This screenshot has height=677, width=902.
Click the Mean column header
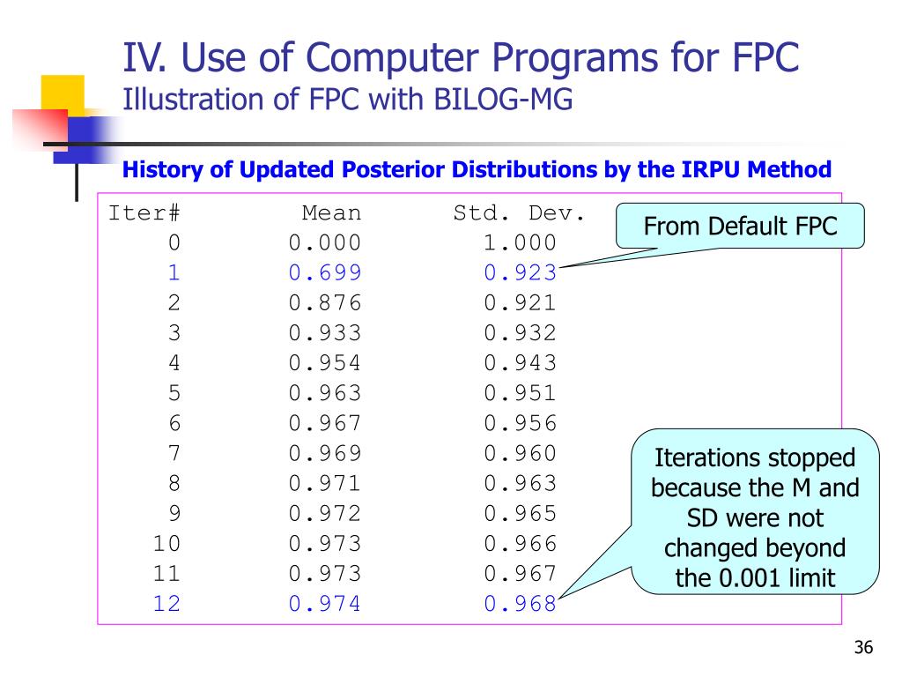point(331,213)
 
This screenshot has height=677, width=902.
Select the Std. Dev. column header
point(519,213)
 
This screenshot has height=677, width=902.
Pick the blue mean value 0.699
point(324,273)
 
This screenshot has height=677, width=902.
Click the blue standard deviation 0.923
point(520,273)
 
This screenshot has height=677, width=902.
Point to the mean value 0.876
point(324,303)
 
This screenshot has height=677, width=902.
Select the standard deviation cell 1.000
point(520,243)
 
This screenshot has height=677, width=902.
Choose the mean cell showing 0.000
point(324,243)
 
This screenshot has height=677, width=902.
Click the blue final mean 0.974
point(324,603)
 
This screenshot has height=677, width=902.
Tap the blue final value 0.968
point(520,603)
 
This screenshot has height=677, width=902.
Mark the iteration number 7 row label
point(174,453)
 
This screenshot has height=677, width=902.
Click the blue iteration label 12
point(166,603)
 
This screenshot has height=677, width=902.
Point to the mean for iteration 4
point(324,363)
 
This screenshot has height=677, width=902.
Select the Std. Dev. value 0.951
point(520,393)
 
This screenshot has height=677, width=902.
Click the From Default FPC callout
point(740,226)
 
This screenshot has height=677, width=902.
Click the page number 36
point(862,649)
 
